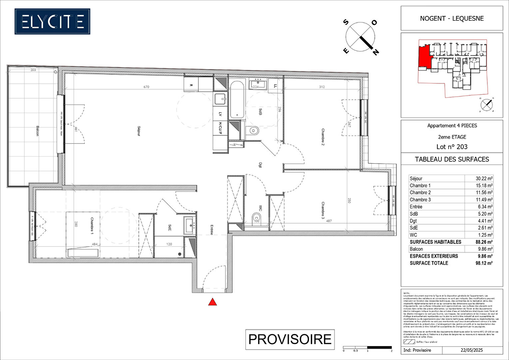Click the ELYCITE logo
click(52, 22)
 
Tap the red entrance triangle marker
click(213, 302)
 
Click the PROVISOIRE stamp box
click(290, 339)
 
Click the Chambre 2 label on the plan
click(323, 137)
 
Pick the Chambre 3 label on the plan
click(323, 210)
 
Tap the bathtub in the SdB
click(237, 99)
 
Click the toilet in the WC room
click(256, 219)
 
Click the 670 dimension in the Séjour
click(146, 87)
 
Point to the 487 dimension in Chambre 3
click(329, 221)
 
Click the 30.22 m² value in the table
click(484, 179)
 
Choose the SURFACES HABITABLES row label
click(435, 242)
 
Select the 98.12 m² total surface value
click(484, 263)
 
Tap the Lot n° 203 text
click(452, 147)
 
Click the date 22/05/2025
click(472, 350)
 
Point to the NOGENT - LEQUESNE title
click(452, 18)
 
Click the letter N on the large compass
click(375, 52)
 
